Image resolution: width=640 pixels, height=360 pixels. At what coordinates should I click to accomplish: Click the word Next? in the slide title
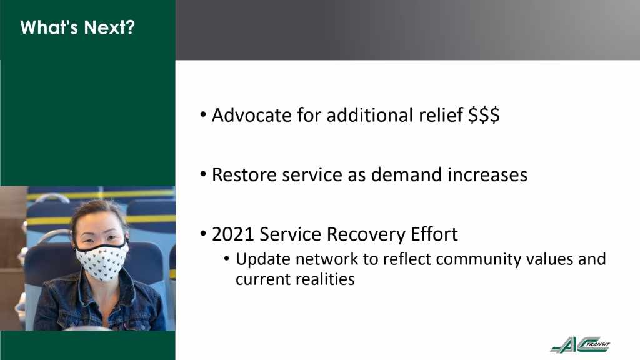pos(109,27)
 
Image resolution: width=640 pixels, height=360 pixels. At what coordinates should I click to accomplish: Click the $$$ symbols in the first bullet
pos(484,115)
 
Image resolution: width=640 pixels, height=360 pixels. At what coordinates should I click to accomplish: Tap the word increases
pos(487,175)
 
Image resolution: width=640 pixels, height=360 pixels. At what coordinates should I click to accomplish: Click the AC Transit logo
pos(581,344)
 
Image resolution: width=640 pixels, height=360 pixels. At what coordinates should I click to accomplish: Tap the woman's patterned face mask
pos(102,261)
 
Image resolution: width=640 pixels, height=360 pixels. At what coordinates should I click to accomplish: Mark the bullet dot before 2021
pos(203,234)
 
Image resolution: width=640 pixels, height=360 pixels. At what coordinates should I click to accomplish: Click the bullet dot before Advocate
pos(203,115)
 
